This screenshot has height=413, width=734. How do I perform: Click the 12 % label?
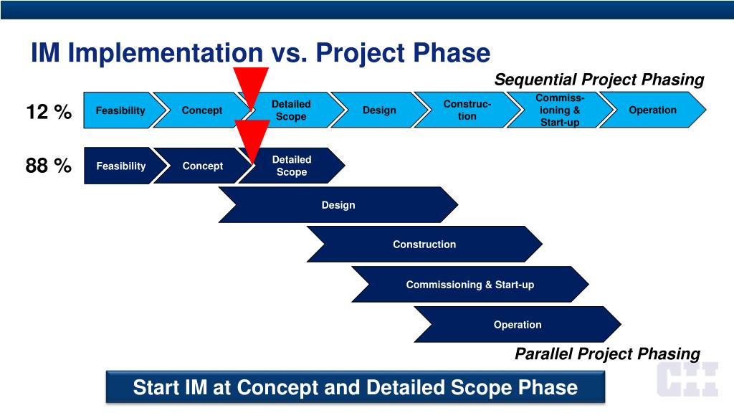(x=49, y=111)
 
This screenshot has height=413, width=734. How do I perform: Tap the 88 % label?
(x=49, y=166)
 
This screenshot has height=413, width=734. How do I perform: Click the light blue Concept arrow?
(x=202, y=110)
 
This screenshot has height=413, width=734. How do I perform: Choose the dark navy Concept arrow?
(x=203, y=166)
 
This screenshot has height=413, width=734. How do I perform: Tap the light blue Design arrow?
(x=379, y=110)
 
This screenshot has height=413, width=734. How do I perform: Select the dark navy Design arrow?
(x=338, y=204)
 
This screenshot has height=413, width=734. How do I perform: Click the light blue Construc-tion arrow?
(x=467, y=110)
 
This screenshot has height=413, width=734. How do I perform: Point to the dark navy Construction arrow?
(x=424, y=244)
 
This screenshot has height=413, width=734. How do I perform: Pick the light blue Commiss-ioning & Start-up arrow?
(x=559, y=110)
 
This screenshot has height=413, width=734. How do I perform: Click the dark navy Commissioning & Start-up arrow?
(x=470, y=284)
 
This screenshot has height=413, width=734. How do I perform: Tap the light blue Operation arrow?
(x=652, y=110)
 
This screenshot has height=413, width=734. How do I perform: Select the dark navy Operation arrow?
(x=518, y=325)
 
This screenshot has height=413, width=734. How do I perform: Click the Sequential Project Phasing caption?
(x=599, y=80)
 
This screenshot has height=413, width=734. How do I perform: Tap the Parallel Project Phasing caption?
(x=608, y=353)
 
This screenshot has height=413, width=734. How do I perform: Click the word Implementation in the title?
(x=166, y=53)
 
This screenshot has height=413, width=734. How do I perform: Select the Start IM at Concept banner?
(x=356, y=387)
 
